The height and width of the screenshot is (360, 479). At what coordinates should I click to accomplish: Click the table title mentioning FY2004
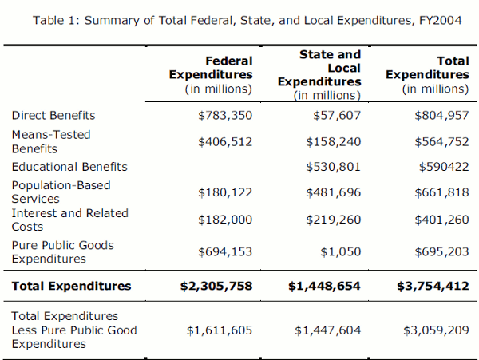(247, 19)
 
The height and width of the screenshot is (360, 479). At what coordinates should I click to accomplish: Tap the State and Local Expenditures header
(319, 74)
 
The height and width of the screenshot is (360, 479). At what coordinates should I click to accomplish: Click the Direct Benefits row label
(53, 116)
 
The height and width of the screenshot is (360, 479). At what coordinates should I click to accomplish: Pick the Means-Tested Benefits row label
(51, 141)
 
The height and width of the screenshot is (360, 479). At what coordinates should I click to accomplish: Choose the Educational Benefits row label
(69, 167)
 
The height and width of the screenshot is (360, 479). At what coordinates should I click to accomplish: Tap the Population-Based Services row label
(61, 192)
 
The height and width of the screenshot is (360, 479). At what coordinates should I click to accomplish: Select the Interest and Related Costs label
(69, 220)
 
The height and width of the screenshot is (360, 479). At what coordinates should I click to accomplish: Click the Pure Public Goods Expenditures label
(62, 251)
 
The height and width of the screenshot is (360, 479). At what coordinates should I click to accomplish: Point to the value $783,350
(225, 116)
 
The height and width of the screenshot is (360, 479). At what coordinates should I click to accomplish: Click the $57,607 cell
(338, 116)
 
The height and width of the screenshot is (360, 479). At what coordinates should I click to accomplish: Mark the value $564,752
(441, 141)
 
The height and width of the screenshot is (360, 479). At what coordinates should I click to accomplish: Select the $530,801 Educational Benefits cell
(334, 167)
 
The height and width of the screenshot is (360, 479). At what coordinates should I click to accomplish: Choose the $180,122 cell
(225, 192)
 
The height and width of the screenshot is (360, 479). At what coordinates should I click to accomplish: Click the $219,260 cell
(334, 220)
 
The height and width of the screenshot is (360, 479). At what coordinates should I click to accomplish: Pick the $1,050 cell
(342, 251)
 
